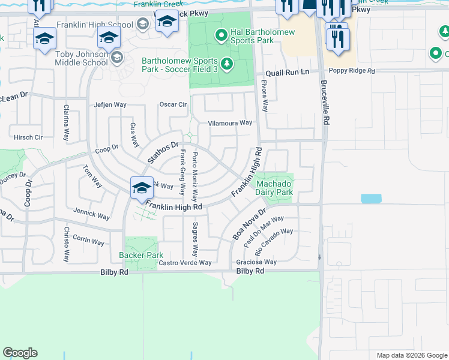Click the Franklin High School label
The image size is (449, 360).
click(95, 25)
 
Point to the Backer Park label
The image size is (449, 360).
click(141, 255)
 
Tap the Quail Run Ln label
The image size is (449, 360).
click(288, 71)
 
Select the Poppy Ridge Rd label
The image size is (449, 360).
click(354, 71)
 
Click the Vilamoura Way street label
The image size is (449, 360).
click(229, 123)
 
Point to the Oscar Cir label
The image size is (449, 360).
click(173, 104)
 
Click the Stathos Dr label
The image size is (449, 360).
click(163, 152)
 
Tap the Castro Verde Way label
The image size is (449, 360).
click(185, 263)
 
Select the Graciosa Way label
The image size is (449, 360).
click(256, 262)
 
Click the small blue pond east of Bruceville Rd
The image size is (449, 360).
click(370, 199)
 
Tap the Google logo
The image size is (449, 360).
click(20, 353)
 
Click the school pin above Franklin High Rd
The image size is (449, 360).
click(141, 187)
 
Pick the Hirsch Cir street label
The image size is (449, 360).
click(28, 137)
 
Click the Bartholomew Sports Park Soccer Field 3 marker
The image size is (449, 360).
click(226, 62)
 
